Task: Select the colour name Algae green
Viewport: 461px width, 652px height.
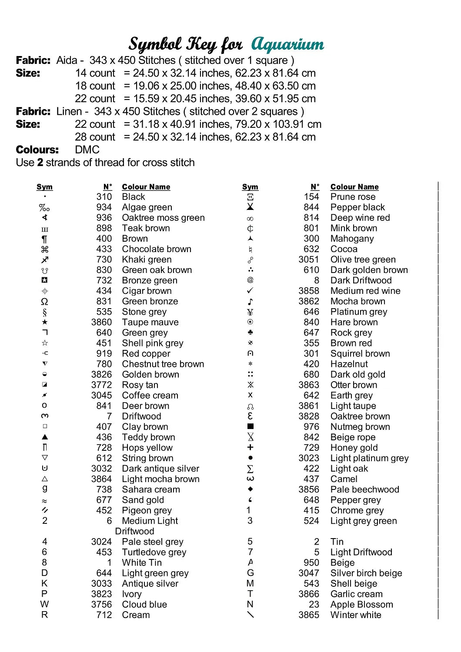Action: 147,207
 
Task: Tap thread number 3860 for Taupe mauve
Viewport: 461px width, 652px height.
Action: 101,322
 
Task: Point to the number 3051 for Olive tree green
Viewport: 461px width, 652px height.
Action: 308,259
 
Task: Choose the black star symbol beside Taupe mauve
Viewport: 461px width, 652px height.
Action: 45,322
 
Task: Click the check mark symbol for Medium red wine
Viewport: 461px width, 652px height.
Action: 250,290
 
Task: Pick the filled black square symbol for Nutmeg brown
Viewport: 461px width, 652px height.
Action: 250,426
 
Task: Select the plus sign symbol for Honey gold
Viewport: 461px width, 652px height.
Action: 250,447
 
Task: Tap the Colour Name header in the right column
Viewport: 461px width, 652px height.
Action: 354,187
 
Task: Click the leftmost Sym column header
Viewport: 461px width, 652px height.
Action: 44,187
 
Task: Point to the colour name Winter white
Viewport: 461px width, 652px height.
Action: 356,615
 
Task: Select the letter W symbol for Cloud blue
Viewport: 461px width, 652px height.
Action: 45,604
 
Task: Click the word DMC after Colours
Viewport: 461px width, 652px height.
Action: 87,150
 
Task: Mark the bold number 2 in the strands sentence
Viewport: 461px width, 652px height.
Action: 40,163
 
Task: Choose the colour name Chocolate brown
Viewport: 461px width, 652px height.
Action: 157,249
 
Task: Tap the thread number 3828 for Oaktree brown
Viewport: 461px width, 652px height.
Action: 308,416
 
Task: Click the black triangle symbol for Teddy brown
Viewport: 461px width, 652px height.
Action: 45,437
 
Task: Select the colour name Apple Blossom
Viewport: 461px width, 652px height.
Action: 361,605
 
